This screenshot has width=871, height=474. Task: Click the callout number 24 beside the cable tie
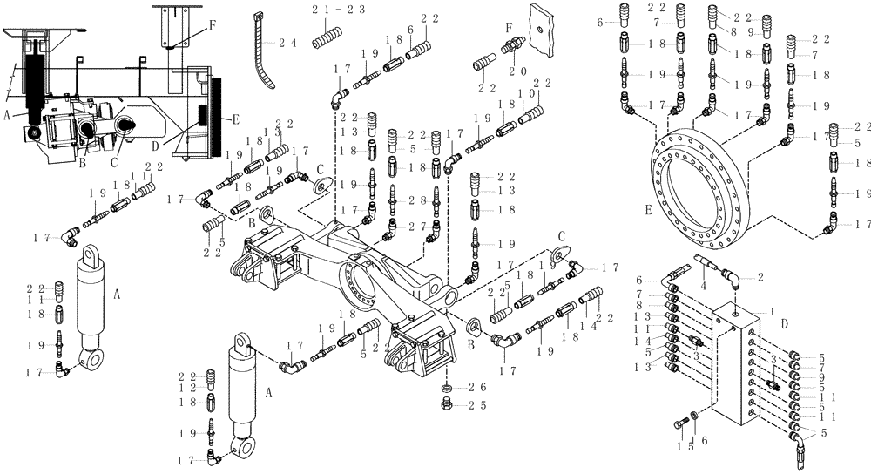tap(287, 43)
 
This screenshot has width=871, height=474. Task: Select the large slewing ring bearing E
tap(698, 173)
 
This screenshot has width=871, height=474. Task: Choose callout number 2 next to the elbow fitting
tap(760, 278)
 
